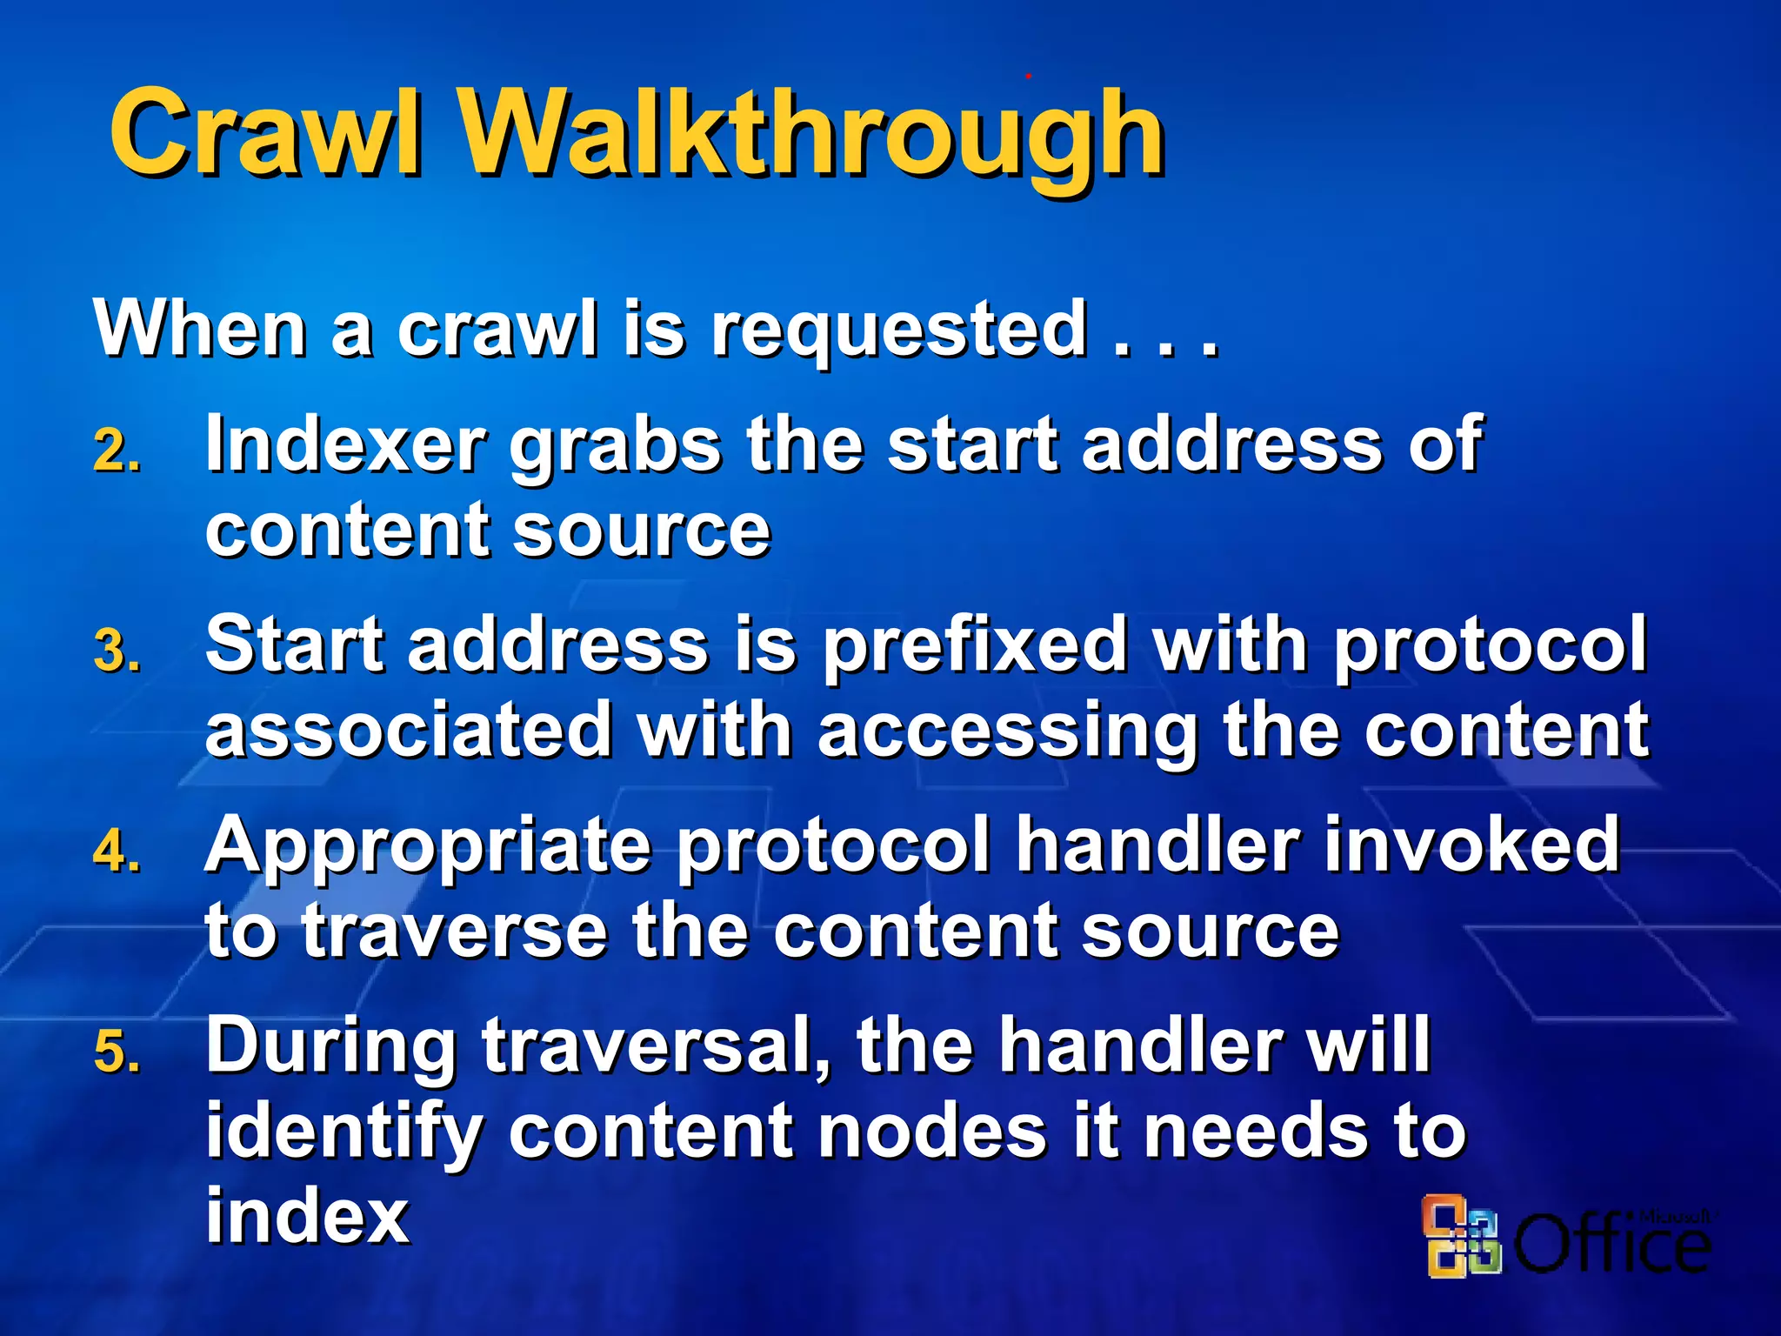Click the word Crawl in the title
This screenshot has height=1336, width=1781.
click(x=265, y=132)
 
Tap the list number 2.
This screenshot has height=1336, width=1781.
click(x=117, y=452)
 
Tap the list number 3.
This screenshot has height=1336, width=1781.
click(x=117, y=651)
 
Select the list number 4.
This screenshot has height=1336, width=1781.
click(x=117, y=852)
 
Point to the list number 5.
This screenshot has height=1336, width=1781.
click(x=117, y=1052)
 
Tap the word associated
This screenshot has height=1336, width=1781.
click(x=409, y=730)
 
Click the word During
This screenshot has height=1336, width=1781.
click(x=331, y=1048)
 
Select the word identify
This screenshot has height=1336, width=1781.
click(x=344, y=1132)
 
